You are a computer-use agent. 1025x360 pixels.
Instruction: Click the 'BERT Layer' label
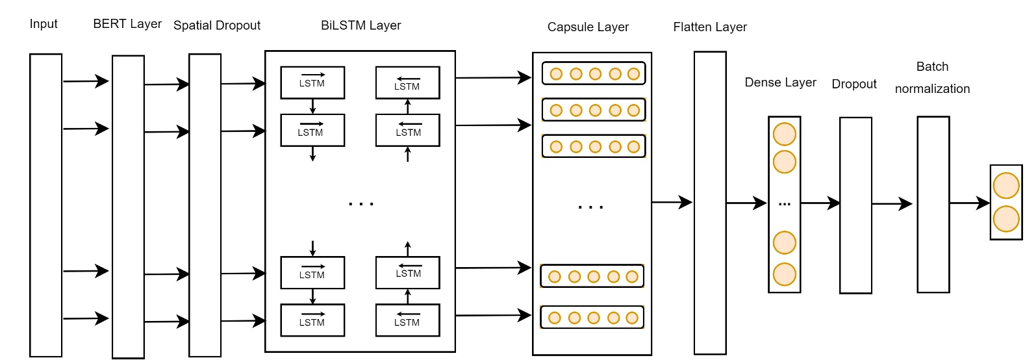[x=127, y=24]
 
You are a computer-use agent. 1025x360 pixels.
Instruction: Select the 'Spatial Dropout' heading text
[x=216, y=25]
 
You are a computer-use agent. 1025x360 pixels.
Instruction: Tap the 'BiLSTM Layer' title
[x=361, y=25]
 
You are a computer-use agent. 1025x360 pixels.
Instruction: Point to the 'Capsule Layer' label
[x=588, y=27]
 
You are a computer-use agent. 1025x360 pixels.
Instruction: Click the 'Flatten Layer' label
[x=710, y=27]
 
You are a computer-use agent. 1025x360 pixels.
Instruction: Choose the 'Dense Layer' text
[x=780, y=83]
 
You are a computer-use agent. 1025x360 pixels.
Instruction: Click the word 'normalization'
[x=932, y=89]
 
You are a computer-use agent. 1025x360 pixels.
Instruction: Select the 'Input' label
[x=44, y=24]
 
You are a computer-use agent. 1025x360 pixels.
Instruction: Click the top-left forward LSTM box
[x=312, y=83]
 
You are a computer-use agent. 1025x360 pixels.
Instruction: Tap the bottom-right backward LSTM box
[x=407, y=320]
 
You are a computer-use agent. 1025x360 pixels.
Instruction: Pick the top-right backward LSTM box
[x=407, y=83]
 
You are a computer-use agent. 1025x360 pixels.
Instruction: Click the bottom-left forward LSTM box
[x=312, y=320]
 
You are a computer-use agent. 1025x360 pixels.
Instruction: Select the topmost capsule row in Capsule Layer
[x=594, y=73]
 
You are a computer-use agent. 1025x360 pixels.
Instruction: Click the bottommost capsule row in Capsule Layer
[x=592, y=318]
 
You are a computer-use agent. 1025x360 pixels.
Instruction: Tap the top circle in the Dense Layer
[x=784, y=135]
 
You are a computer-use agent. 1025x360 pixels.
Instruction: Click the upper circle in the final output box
[x=1006, y=186]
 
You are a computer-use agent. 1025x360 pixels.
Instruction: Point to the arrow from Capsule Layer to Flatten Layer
[x=672, y=202]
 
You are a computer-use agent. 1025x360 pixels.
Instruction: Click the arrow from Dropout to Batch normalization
[x=892, y=204]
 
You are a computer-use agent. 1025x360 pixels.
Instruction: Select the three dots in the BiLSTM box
[x=361, y=204]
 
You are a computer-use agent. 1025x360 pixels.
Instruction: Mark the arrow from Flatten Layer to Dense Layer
[x=746, y=203]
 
